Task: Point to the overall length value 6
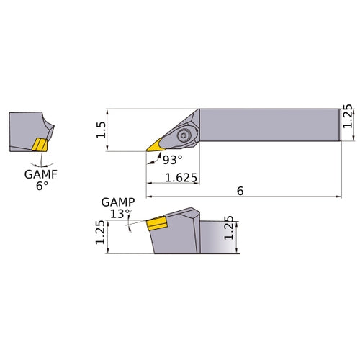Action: tap(240, 190)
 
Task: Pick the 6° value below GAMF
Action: tap(42, 185)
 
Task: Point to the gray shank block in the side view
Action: tap(216, 237)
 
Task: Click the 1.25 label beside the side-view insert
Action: tap(99, 233)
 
